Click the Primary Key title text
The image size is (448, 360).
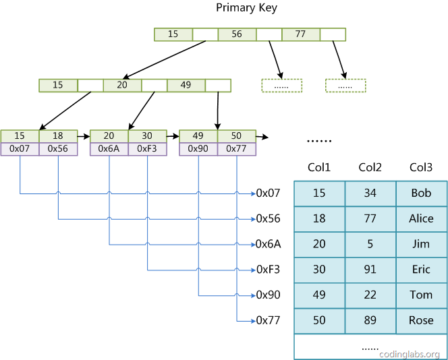click(246, 8)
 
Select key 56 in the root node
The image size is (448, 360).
click(237, 34)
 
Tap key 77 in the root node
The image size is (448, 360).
click(300, 34)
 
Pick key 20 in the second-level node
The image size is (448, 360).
click(122, 86)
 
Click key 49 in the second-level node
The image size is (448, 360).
click(186, 86)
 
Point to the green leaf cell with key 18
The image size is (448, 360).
click(58, 136)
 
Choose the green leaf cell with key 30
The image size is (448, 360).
click(147, 136)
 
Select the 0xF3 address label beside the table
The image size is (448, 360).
click(268, 270)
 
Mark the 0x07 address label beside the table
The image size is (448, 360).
click(268, 193)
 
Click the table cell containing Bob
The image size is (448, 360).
click(421, 193)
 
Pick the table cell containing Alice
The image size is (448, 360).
click(421, 219)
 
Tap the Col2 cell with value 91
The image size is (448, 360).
click(370, 270)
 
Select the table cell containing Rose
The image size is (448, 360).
click(421, 321)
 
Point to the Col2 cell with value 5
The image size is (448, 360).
click(370, 245)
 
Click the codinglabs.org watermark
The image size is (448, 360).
click(410, 354)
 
